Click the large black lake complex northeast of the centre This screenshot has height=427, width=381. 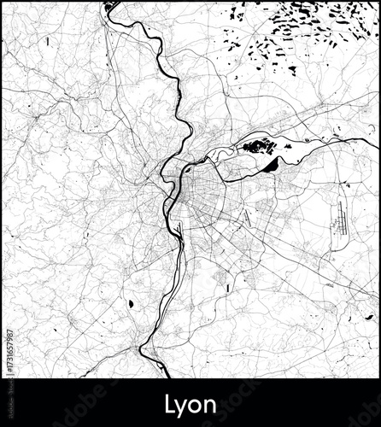point(257,146)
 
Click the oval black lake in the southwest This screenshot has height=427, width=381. point(130,303)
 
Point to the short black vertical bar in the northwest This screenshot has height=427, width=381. point(48,40)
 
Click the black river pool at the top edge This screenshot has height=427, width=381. point(108,9)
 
